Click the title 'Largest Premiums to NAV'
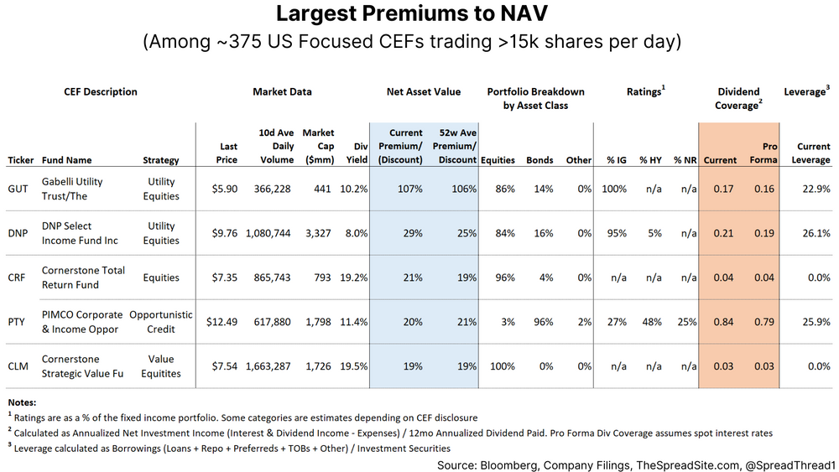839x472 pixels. [419, 14]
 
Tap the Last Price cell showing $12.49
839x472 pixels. [221, 322]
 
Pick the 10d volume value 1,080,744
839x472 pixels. [268, 233]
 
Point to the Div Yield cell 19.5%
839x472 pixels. [354, 366]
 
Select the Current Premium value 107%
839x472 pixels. [409, 189]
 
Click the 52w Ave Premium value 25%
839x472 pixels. [465, 233]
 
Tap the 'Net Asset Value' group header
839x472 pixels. [424, 91]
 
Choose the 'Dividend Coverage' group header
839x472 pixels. [738, 98]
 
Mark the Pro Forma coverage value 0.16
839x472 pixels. [763, 189]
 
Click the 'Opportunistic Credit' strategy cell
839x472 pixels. [161, 322]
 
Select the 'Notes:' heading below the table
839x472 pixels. [23, 403]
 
